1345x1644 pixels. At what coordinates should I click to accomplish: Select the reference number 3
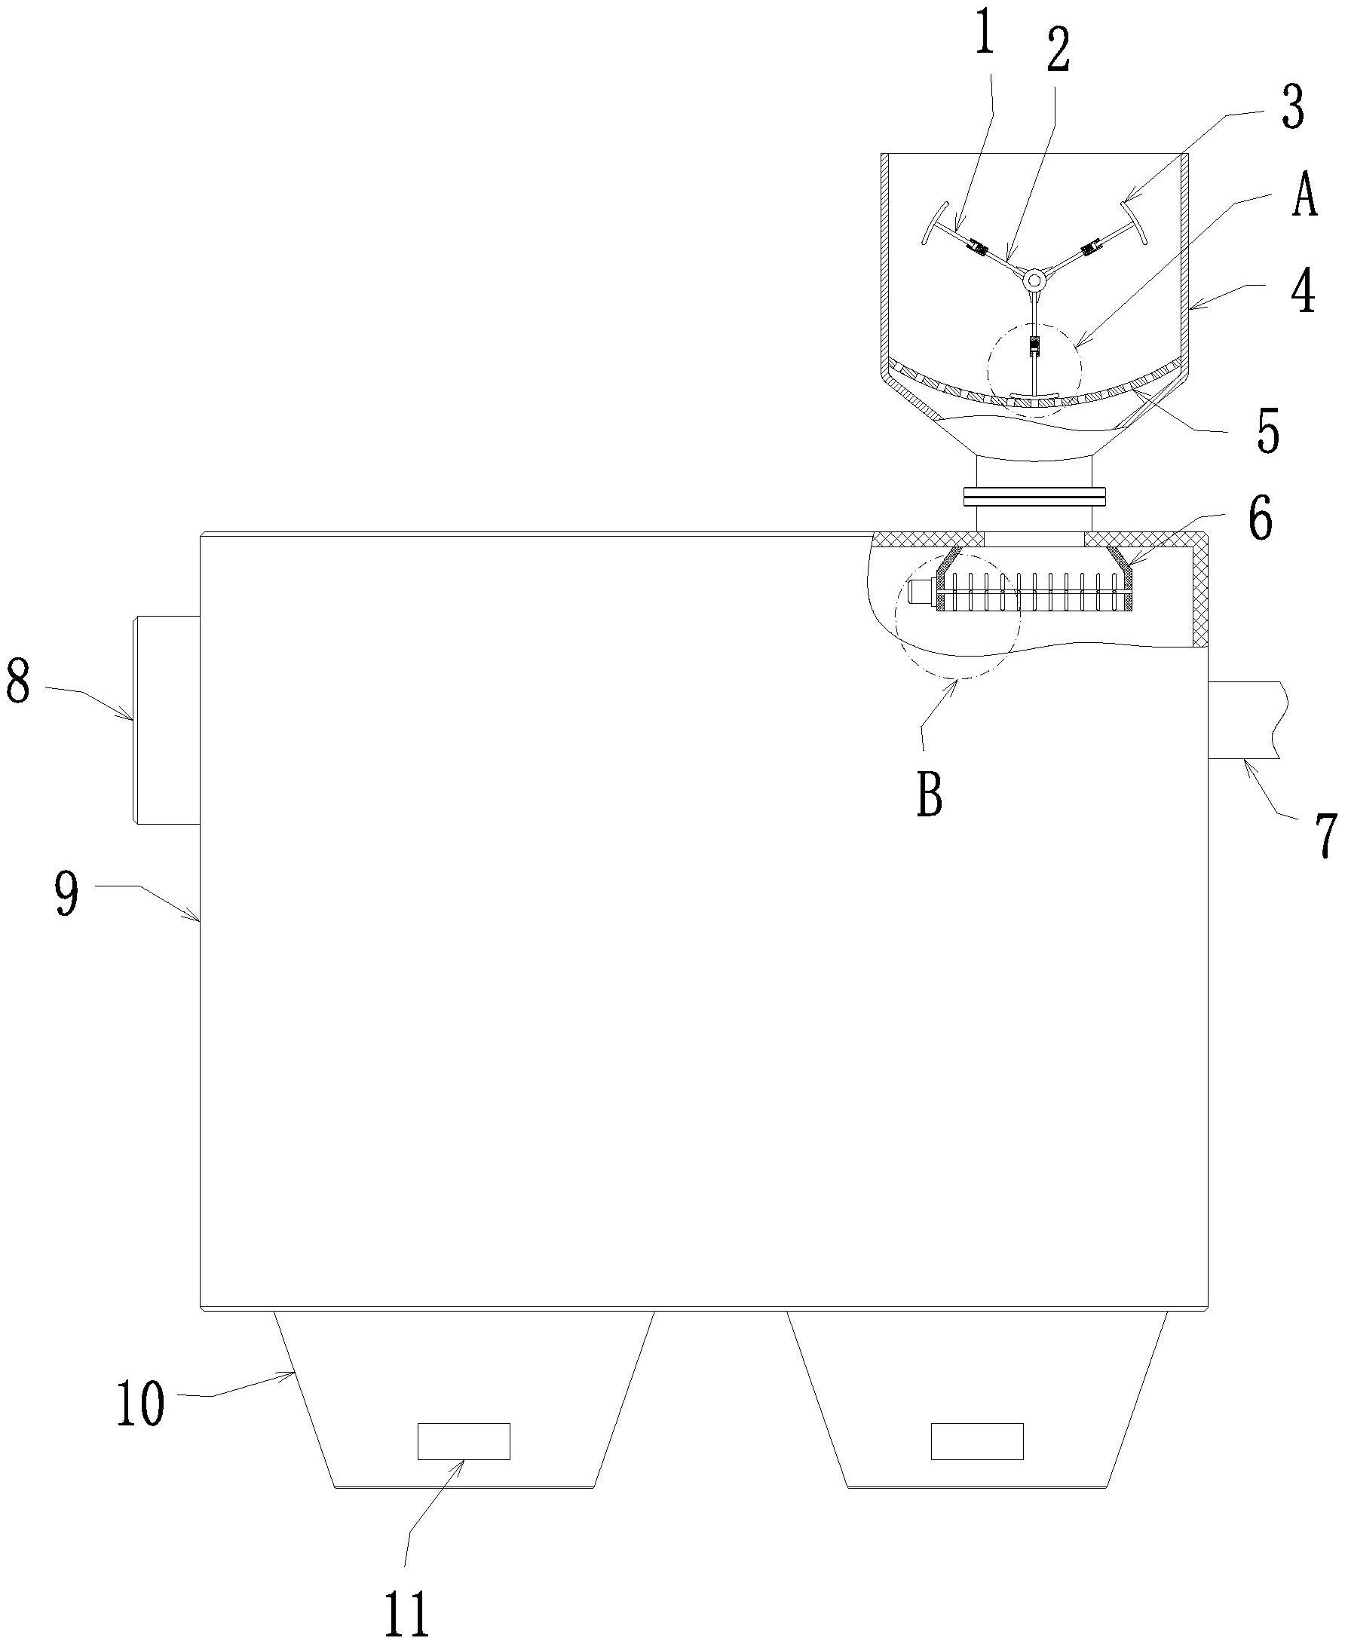tap(1291, 107)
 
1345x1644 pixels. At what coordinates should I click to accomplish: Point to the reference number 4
tap(1304, 292)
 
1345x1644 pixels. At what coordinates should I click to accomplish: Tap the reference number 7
tap(1326, 835)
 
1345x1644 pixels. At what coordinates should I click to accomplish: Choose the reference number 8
tap(19, 681)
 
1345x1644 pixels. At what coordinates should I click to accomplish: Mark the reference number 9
tap(67, 893)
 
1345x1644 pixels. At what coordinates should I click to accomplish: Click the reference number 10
tap(140, 1403)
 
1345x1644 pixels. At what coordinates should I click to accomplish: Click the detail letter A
tap(1304, 196)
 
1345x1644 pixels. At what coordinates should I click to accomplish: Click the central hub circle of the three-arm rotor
tap(1034, 278)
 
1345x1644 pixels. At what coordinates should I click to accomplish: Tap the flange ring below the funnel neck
tap(1034, 495)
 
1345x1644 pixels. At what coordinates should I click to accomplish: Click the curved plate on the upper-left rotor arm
tap(935, 224)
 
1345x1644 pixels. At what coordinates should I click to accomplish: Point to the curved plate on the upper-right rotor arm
tap(1132, 224)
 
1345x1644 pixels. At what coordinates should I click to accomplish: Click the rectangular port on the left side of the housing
tap(167, 719)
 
